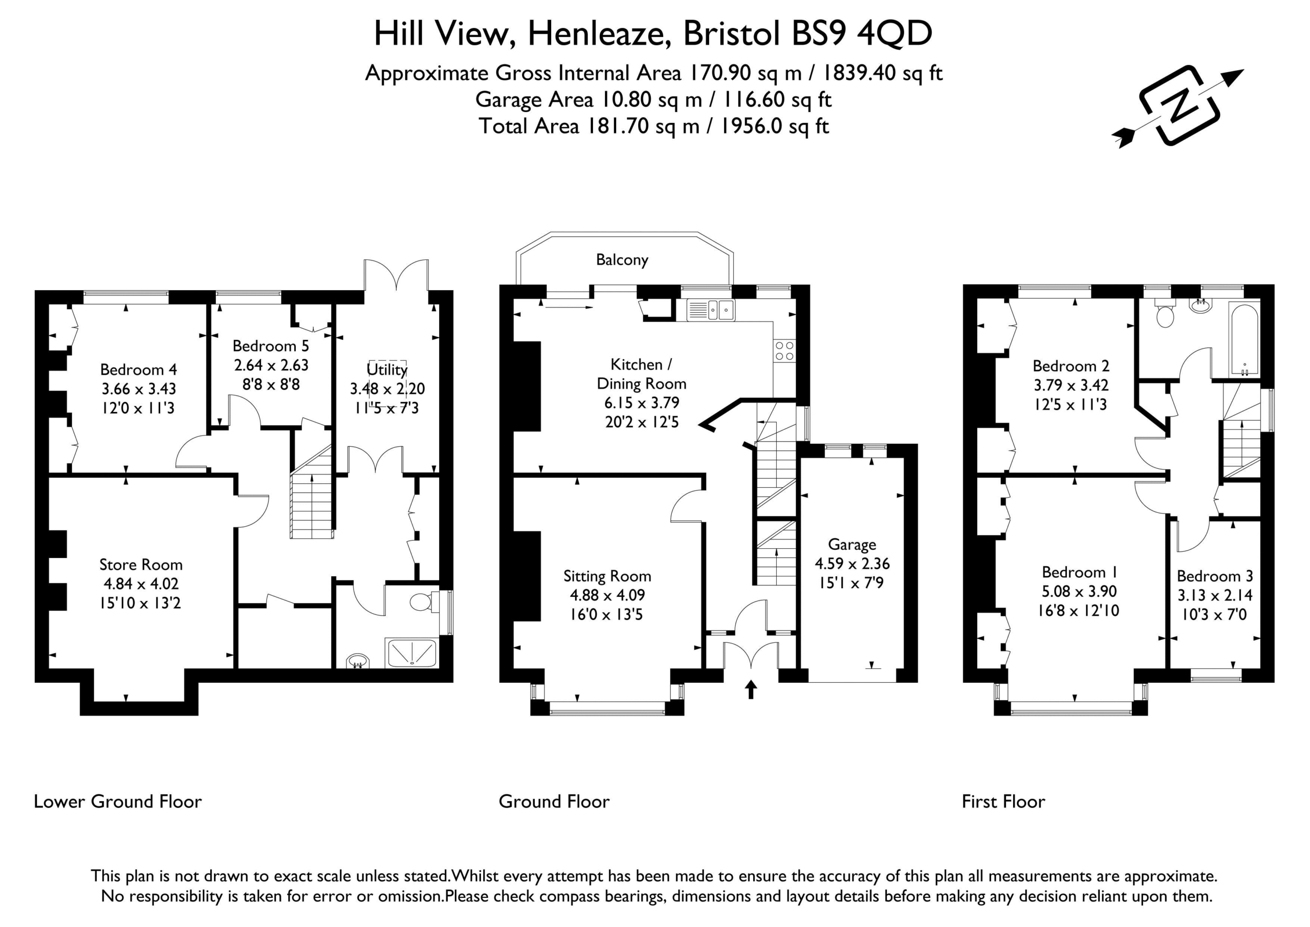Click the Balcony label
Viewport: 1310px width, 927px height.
[622, 261]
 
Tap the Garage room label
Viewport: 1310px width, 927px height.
[852, 545]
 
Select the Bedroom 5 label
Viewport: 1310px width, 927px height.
[271, 346]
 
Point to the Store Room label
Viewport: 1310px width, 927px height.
[141, 565]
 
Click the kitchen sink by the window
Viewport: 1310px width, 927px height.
[711, 311]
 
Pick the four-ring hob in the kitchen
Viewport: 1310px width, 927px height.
[784, 351]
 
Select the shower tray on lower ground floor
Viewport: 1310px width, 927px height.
[411, 653]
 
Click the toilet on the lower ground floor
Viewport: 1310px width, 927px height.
[423, 601]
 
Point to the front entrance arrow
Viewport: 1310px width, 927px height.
[751, 689]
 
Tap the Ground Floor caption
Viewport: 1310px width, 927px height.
[554, 802]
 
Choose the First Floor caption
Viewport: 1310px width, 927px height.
[1003, 802]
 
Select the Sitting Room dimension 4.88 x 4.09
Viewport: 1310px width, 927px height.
[607, 595]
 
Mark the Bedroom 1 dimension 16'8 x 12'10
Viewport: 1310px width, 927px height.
[1078, 611]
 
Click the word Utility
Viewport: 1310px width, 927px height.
[387, 370]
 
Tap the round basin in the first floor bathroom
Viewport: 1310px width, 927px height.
[1201, 307]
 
